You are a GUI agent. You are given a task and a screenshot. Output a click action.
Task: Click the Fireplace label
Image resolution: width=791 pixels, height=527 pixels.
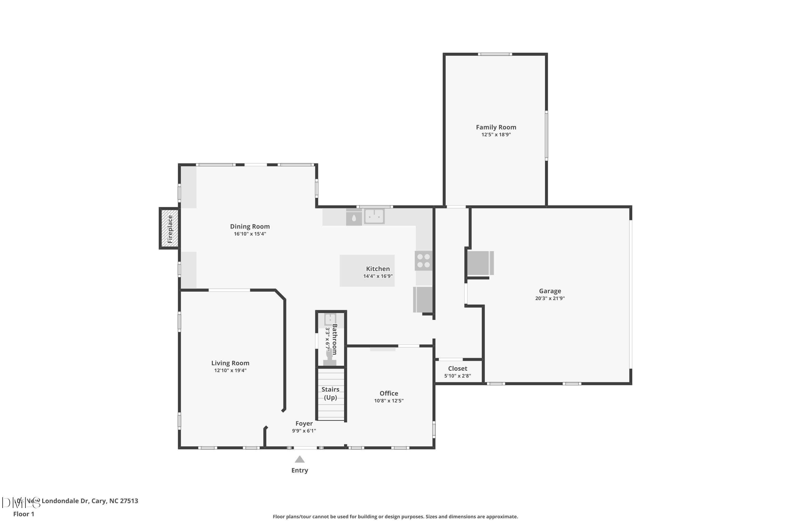pos(170,229)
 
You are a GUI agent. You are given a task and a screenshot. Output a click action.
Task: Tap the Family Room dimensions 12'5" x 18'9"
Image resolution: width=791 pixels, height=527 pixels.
pos(496,134)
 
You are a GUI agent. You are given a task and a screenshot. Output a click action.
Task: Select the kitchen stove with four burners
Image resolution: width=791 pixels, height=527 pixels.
pos(423,261)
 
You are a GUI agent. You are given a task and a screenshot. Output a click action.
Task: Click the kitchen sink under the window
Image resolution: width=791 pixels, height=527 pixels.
pos(374,216)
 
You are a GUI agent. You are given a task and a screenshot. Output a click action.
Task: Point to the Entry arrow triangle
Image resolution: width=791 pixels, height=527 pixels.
pos(299,459)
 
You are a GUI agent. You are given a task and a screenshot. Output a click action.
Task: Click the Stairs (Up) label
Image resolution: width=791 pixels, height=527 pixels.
pos(330,393)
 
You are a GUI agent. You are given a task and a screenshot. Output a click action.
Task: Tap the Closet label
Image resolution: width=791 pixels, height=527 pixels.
pos(457,368)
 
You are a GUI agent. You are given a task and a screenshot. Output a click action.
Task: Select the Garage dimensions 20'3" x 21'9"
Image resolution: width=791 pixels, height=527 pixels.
pos(549,298)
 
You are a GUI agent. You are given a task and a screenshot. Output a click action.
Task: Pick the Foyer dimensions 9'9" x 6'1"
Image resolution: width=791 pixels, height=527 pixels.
pos(304,431)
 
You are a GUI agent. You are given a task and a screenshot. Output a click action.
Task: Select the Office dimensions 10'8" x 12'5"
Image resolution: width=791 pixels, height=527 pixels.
pos(388,401)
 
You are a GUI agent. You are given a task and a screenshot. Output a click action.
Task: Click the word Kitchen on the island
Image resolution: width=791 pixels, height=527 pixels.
pos(378,269)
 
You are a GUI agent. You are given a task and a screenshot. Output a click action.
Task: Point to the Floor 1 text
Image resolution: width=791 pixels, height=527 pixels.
pos(23,514)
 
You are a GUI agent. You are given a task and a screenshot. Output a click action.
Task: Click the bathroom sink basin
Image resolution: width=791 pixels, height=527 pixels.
pos(330,319)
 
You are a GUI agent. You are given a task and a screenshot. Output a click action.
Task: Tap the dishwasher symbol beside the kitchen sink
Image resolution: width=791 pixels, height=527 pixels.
pos(354,217)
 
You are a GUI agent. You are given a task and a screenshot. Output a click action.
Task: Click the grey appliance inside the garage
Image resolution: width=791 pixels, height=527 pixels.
pos(480,263)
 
